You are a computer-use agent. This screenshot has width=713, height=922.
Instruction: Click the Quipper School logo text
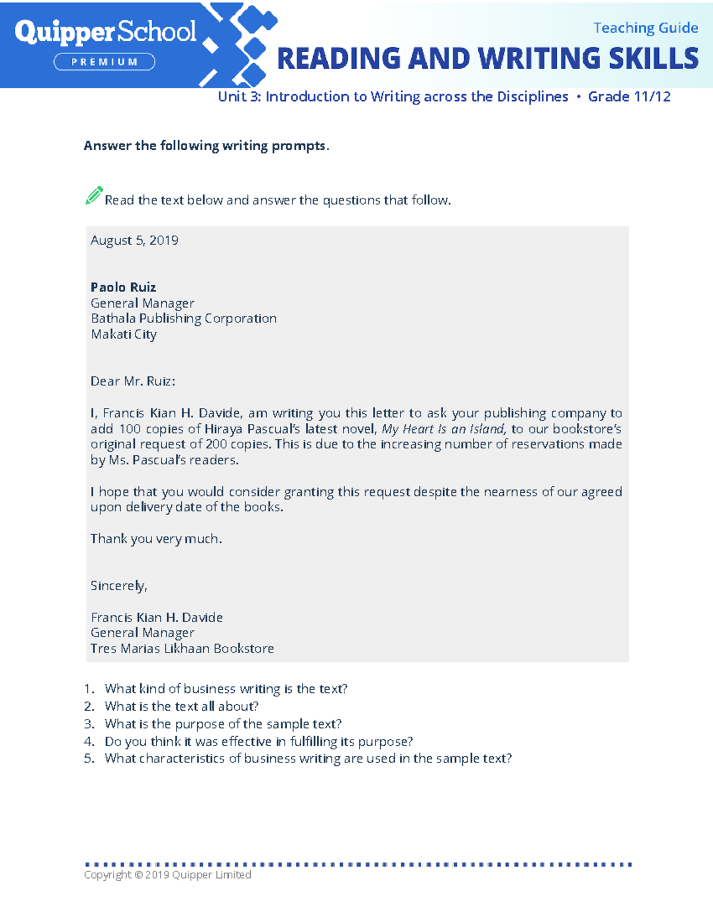[105, 32]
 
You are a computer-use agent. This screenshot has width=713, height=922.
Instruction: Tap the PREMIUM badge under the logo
[105, 62]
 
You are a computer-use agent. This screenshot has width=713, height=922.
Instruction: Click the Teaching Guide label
[645, 28]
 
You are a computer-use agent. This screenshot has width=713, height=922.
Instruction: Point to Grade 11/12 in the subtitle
[629, 97]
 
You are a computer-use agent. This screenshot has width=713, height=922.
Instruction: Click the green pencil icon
[94, 195]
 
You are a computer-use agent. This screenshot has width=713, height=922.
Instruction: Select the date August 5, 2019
[134, 240]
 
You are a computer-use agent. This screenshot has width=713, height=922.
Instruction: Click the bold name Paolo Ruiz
[123, 287]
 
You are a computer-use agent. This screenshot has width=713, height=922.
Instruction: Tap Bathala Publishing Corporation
[184, 319]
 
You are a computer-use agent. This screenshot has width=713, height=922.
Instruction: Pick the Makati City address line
[124, 334]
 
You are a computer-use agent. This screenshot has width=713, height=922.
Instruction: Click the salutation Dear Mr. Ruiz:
[132, 381]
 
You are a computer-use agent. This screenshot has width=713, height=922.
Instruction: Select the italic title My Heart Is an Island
[443, 429]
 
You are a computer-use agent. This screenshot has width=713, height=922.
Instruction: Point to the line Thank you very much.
[156, 539]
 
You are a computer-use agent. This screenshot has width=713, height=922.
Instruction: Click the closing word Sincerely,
[119, 586]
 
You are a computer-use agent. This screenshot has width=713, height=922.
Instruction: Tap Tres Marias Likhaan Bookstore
[182, 649]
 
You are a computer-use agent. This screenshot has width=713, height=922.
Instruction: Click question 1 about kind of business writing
[226, 689]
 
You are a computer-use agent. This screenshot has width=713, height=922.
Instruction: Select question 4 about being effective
[258, 742]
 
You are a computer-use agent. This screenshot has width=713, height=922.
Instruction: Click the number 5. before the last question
[89, 759]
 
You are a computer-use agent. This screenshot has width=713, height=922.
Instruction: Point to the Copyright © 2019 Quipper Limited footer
[168, 875]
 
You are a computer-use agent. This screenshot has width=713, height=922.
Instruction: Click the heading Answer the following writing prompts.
[206, 146]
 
